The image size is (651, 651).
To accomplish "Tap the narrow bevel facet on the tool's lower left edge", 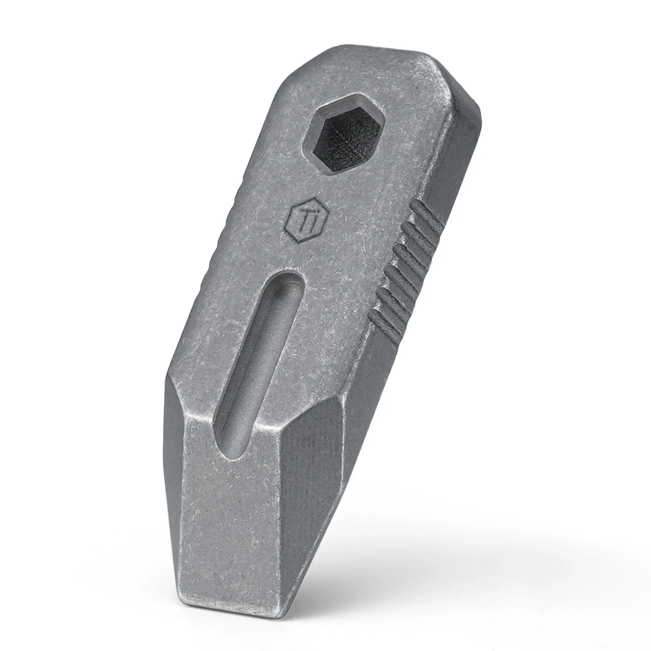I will [173, 472].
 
